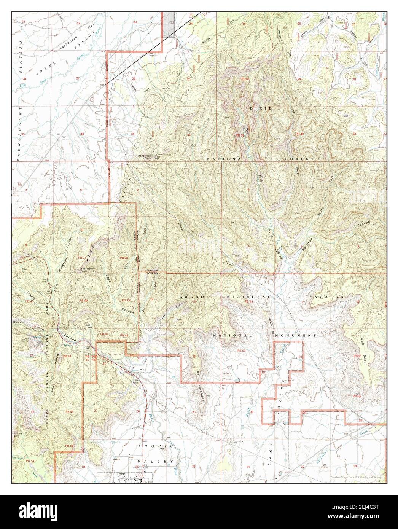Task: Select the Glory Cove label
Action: coord(90,326)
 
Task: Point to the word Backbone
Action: coord(201,393)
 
